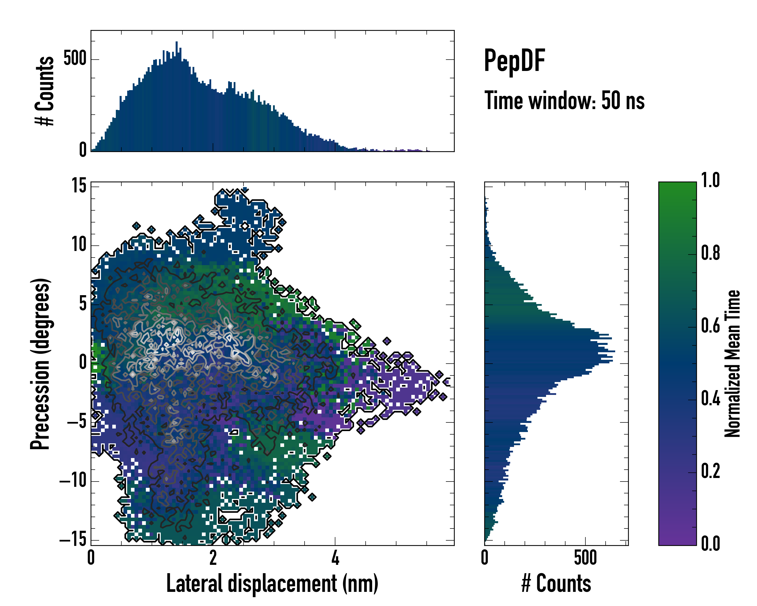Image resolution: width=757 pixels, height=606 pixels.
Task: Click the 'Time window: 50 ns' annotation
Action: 564,100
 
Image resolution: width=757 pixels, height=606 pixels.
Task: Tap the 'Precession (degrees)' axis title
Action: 40,364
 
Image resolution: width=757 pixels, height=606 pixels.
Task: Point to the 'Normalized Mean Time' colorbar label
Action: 733,364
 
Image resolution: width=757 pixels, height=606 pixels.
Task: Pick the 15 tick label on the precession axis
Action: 79,186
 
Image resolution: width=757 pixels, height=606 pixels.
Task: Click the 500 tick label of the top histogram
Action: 75,58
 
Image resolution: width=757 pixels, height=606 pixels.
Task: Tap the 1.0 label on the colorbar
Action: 710,181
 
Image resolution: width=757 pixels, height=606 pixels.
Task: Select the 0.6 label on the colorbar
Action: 710,326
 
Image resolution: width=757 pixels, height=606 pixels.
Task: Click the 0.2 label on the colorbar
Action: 710,471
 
